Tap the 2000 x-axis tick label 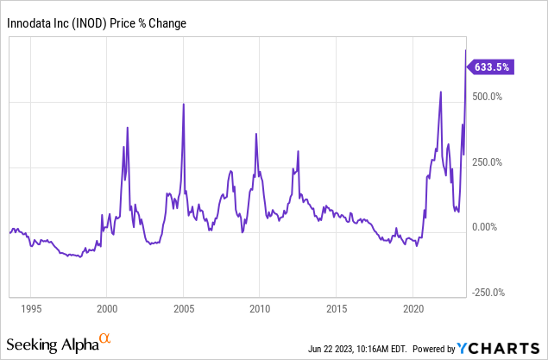pos(106,308)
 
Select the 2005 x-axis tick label pos(183,308)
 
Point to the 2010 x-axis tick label pos(260,308)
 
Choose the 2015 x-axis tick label pos(337,308)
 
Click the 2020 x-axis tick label pos(413,308)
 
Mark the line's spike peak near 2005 pos(183,104)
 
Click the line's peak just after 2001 pos(128,128)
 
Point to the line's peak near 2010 pos(256,134)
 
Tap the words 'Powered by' pos(431,349)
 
